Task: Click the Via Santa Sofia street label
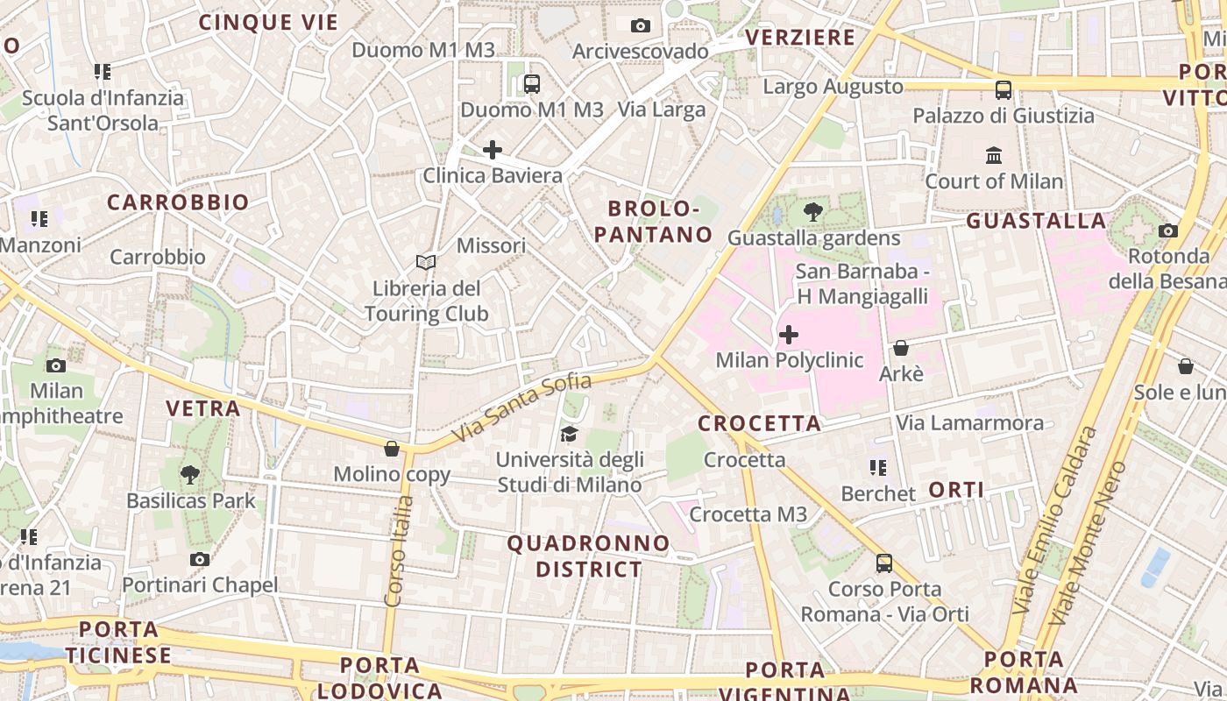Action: click(521, 408)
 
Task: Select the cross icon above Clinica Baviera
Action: click(493, 150)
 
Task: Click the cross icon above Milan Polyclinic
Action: click(789, 335)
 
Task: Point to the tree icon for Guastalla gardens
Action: click(813, 211)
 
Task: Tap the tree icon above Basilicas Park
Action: click(190, 475)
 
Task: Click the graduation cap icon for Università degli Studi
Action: click(570, 434)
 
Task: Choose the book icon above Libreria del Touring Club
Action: click(426, 262)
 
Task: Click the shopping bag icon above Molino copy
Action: click(392, 449)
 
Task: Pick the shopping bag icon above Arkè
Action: click(901, 348)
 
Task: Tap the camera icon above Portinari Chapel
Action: click(200, 559)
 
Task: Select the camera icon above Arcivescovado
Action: click(641, 25)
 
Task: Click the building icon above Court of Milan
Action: click(994, 156)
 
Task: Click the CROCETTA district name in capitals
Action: click(759, 424)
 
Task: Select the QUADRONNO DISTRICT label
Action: click(589, 556)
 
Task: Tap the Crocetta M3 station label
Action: click(748, 514)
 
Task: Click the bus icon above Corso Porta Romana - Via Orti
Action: click(884, 563)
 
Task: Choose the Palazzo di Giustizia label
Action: click(1004, 116)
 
